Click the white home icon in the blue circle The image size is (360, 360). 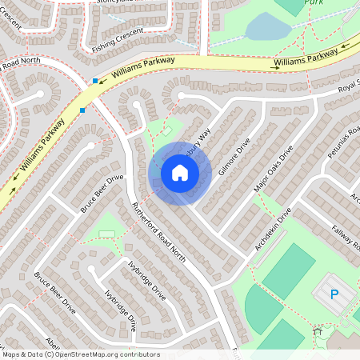point(180,173)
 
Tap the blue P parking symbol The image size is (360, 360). point(334,294)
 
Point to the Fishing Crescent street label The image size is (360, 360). point(118,38)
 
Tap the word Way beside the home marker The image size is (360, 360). point(203,138)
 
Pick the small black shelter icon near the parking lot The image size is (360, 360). point(318,330)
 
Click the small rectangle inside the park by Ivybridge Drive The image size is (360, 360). point(106,234)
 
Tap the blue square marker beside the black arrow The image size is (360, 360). point(96,81)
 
